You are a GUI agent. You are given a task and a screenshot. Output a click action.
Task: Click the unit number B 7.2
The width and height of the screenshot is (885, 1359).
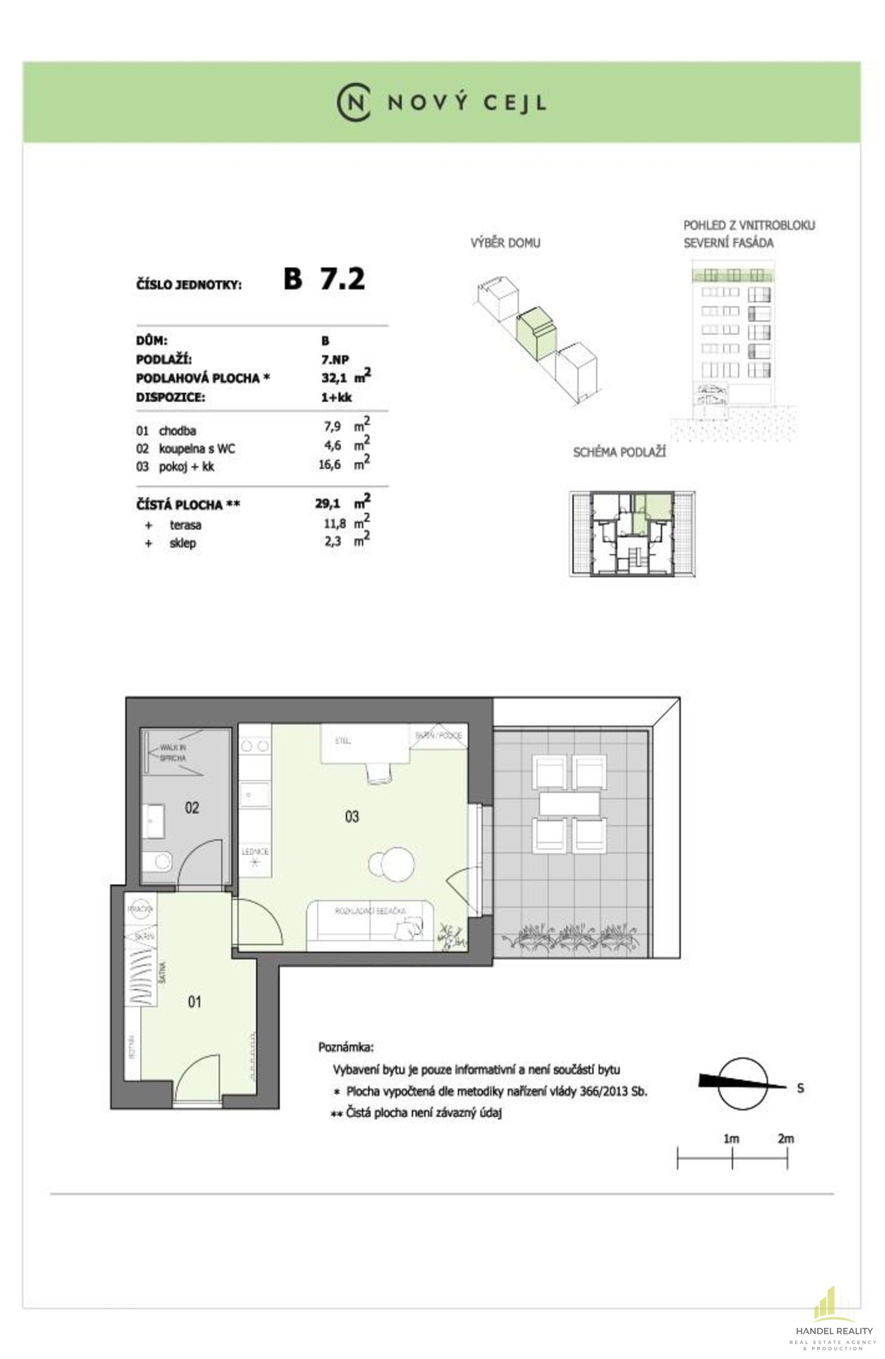[x=325, y=279]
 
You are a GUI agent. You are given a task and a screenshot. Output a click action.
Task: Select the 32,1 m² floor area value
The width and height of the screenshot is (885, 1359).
[x=345, y=378]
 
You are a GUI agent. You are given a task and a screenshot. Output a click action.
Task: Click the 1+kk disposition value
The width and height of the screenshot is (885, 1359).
[x=336, y=397]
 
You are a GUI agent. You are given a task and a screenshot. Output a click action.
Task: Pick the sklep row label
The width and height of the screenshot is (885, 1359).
[x=183, y=544]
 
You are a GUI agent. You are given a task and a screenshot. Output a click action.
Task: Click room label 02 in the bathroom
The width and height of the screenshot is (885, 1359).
[x=192, y=808]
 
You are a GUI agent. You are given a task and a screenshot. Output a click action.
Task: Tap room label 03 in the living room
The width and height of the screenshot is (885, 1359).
[x=352, y=817]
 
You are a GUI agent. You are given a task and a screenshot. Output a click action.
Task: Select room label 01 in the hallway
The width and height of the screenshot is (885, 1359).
[x=195, y=1002]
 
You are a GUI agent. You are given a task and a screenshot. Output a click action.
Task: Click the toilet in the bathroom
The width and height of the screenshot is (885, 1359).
[x=158, y=861]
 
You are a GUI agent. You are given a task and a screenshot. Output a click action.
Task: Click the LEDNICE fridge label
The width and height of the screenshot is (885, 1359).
[x=255, y=852]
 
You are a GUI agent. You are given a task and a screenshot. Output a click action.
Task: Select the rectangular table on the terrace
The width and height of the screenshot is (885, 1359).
[x=569, y=803]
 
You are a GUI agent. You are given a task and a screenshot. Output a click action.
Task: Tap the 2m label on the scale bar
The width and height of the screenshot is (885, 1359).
[x=785, y=1139]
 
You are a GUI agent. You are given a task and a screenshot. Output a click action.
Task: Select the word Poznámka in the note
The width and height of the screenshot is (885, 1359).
[x=346, y=1047]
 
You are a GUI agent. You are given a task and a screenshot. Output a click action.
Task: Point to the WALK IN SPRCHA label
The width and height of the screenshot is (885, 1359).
[x=173, y=752]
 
